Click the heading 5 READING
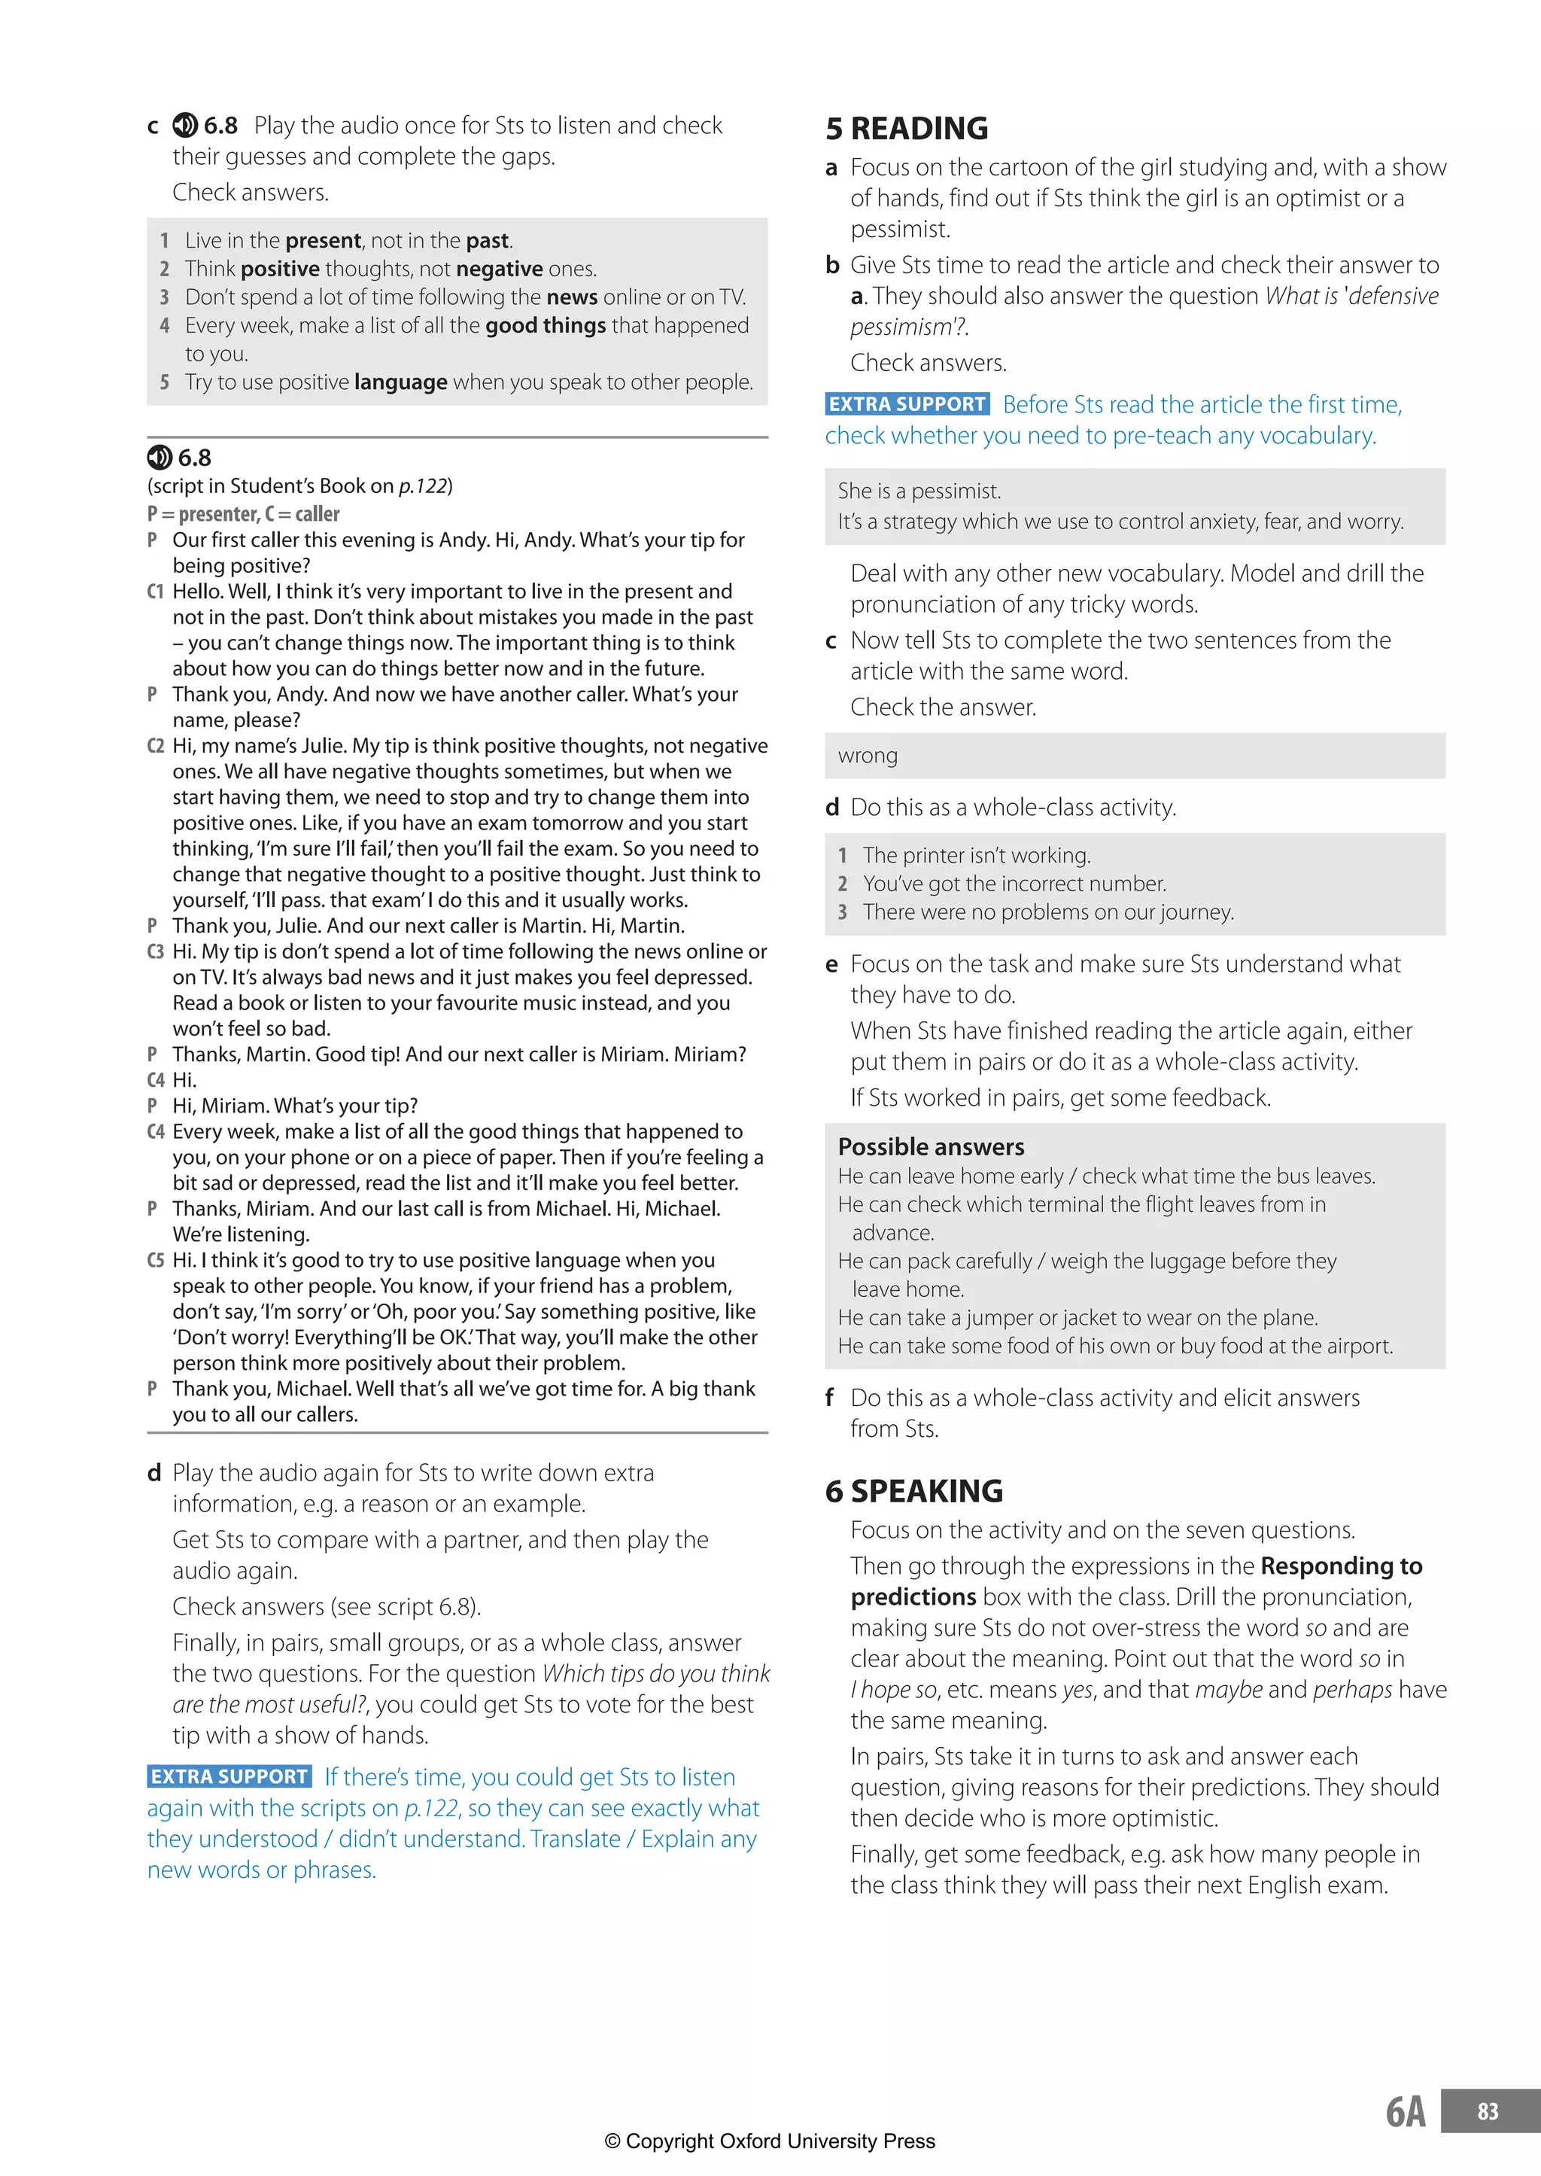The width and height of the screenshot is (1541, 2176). click(x=906, y=128)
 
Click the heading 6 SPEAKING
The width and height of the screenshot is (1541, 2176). click(x=913, y=1491)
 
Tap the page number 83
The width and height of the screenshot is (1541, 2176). click(x=1487, y=2111)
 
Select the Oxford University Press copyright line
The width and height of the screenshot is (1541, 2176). click(x=770, y=2141)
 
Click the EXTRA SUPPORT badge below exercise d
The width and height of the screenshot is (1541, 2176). click(x=229, y=1776)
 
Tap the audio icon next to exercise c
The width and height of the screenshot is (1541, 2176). click(x=184, y=125)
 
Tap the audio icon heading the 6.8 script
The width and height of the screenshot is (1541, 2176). click(x=160, y=458)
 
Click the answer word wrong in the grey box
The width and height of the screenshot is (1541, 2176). click(x=868, y=756)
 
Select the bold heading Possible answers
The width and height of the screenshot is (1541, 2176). click(x=931, y=1146)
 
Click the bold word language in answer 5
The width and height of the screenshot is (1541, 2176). click(x=400, y=382)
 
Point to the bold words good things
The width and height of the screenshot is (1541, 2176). click(x=545, y=325)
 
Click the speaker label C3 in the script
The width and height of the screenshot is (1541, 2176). click(x=156, y=952)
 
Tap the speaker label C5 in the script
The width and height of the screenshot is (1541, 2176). click(x=156, y=1260)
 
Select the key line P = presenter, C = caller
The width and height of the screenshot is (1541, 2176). click(x=243, y=513)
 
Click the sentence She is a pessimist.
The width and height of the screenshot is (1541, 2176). click(x=919, y=491)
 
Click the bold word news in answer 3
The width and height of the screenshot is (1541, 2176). click(x=571, y=297)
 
